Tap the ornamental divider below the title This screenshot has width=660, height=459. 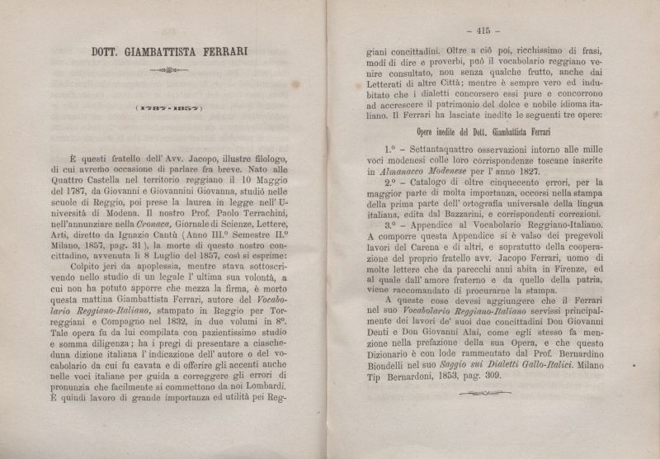(169, 71)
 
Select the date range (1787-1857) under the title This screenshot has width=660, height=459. (169, 107)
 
